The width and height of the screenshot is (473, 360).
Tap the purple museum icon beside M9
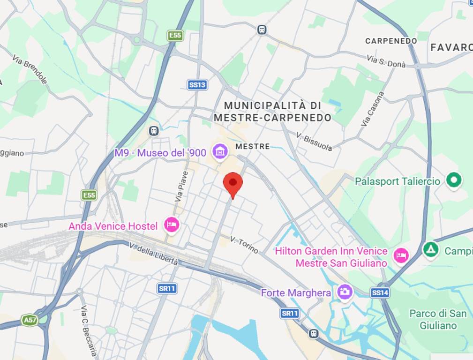tap(219, 151)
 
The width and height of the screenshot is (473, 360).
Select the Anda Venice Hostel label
tap(113, 226)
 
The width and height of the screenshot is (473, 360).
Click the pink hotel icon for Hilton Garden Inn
tap(401, 256)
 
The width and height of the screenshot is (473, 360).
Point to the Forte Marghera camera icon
tap(345, 292)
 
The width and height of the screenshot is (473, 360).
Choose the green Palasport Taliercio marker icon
tap(453, 180)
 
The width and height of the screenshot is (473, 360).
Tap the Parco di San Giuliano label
tap(438, 319)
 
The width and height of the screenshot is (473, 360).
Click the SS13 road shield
tap(197, 85)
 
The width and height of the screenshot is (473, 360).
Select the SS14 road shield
tap(380, 293)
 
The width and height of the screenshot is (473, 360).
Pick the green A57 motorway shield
tap(30, 321)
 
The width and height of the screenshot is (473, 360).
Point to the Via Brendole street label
tap(30, 70)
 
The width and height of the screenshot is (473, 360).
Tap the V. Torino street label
tap(244, 245)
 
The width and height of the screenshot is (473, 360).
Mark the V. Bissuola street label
tap(314, 141)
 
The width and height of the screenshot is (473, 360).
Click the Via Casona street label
tap(373, 109)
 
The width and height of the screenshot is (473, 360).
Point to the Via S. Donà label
tap(386, 61)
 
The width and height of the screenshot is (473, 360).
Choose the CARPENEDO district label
tap(391, 41)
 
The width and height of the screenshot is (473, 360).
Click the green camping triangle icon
tap(430, 249)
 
